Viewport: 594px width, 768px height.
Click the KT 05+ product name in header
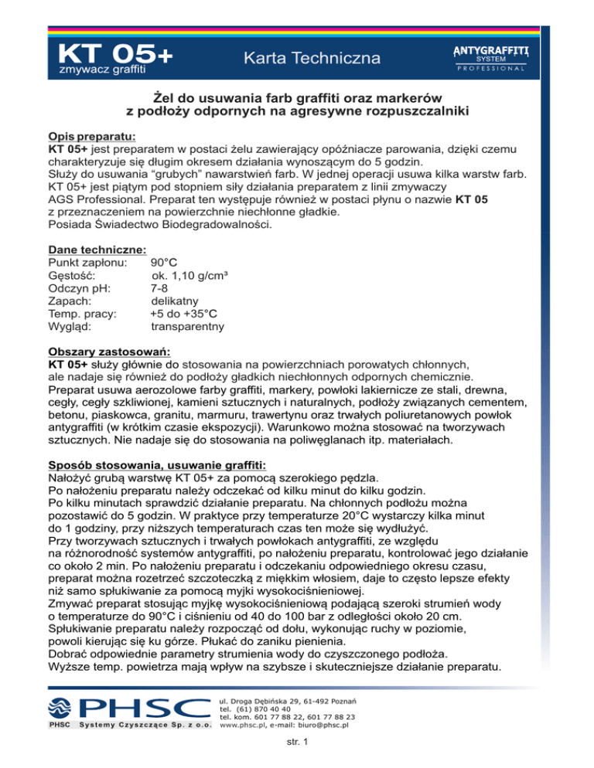(x=115, y=56)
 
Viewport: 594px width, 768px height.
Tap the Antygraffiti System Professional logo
(x=490, y=57)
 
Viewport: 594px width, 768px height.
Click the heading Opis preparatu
(x=91, y=134)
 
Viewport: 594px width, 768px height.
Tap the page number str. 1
(x=296, y=743)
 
